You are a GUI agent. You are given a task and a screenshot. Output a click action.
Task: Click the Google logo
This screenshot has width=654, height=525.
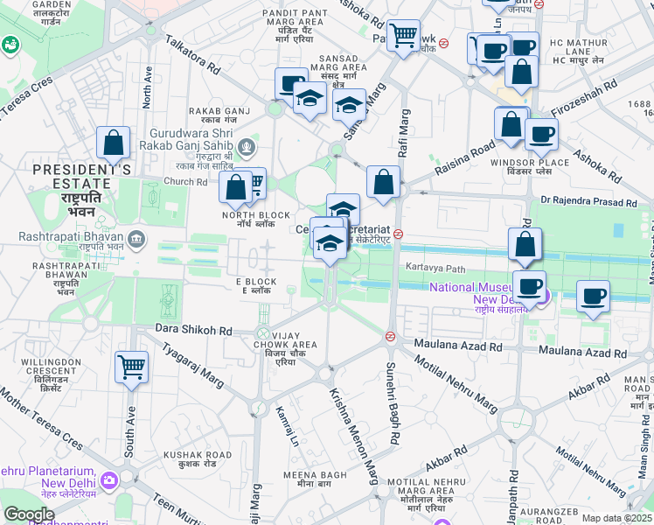pos(29,514)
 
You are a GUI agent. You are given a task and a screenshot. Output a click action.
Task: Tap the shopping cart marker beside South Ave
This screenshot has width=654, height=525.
pos(131,367)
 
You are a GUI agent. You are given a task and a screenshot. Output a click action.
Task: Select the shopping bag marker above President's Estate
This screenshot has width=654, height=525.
pos(114,143)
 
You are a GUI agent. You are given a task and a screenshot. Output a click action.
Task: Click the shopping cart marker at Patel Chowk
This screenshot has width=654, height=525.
pos(403,36)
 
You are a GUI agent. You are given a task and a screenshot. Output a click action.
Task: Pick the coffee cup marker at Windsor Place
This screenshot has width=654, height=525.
pos(541,135)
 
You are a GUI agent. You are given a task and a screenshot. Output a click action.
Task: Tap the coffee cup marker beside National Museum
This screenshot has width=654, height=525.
pos(528,285)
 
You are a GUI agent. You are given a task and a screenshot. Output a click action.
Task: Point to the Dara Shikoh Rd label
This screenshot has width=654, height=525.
pos(192,331)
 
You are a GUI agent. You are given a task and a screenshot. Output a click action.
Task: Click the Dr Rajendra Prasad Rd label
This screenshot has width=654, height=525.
pos(588,201)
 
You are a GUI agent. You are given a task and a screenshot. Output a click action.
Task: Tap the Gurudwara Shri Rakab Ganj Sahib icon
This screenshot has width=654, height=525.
pos(248,145)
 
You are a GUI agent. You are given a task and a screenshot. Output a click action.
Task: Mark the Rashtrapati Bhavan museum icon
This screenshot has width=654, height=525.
pos(136,237)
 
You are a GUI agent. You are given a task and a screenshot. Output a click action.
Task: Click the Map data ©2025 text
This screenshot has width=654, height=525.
pos(616,518)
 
